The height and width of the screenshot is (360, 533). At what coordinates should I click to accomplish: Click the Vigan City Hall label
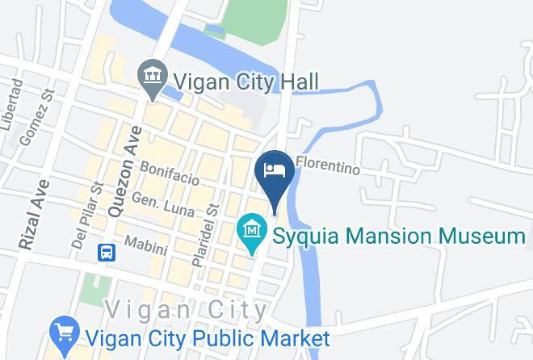coord(246,81)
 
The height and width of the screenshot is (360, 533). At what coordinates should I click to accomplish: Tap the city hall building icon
coord(151,78)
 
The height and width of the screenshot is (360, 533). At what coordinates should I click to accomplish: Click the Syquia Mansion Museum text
coord(398,236)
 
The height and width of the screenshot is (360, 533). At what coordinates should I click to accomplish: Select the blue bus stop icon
coord(107,253)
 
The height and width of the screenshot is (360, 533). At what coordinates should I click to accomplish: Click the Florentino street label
coord(328,165)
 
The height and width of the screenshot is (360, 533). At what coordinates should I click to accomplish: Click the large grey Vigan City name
coord(187,309)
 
